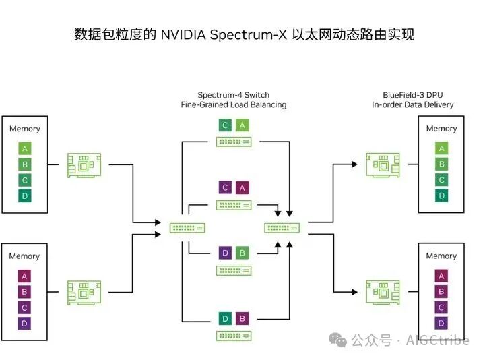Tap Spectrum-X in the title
(249, 34)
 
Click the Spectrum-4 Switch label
(233, 95)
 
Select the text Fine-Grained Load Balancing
(233, 104)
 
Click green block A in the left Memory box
(25, 149)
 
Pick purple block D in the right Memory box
(442, 323)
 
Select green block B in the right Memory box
(442, 164)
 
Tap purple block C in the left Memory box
(25, 307)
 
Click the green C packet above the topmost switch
(226, 125)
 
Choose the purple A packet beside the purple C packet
(242, 188)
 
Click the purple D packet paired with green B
(226, 253)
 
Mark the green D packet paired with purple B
(226, 318)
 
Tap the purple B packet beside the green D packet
(242, 318)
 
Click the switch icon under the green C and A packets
(234, 142)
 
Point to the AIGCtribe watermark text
(437, 341)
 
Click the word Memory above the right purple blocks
(441, 256)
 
